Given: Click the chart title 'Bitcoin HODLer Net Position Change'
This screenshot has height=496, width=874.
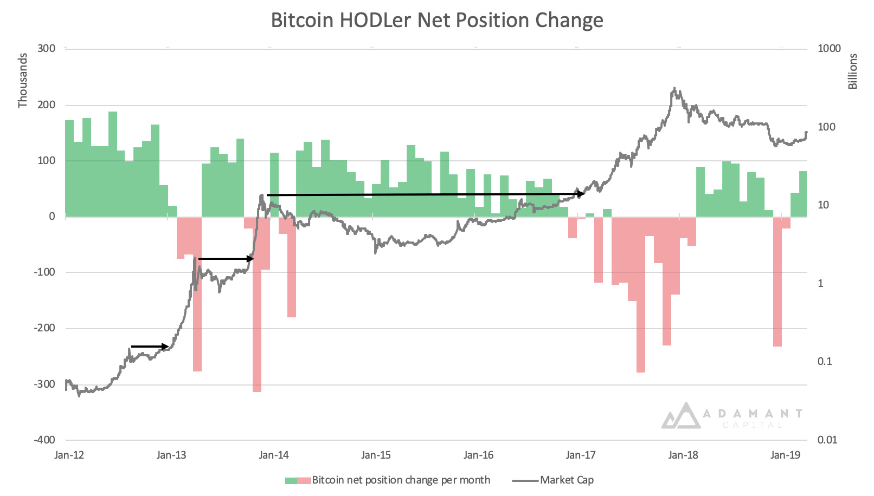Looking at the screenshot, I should tap(436, 21).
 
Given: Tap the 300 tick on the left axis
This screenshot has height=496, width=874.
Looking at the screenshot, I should tap(47, 49).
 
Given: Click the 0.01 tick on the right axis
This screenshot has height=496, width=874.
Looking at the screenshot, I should tap(827, 440).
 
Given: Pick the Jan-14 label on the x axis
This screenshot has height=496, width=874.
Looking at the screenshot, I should tap(274, 455).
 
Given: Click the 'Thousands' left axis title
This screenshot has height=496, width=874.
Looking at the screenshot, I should tap(23, 80).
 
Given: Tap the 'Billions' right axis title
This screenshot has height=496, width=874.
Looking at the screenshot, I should tap(853, 71).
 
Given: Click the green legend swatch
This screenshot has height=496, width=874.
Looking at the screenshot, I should tap(291, 480).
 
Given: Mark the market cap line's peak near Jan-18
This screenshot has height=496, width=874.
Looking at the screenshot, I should tap(674, 88).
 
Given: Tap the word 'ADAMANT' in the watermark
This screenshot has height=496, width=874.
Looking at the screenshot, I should tap(753, 414).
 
